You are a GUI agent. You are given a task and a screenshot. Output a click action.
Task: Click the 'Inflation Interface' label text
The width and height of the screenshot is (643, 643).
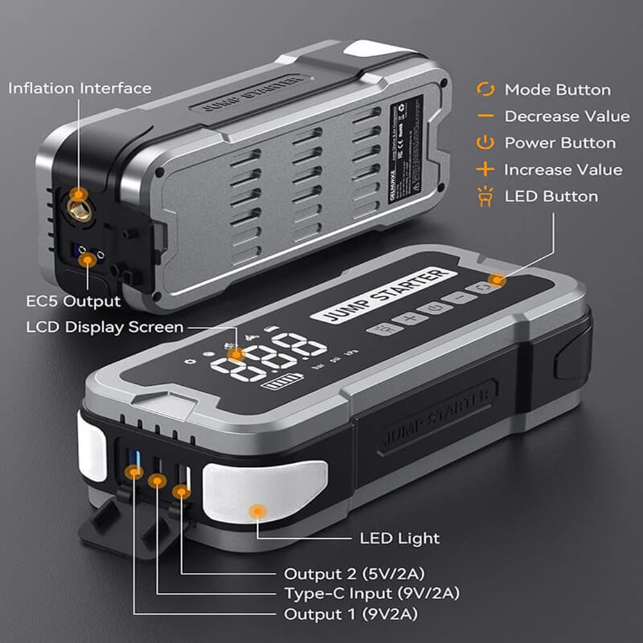click(x=80, y=89)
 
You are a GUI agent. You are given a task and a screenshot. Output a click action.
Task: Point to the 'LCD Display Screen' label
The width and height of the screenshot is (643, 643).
click(x=105, y=327)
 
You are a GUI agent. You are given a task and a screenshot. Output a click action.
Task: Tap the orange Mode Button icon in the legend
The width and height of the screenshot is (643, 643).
click(x=485, y=90)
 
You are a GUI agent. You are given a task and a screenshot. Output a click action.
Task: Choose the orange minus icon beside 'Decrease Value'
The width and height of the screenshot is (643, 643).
click(x=485, y=116)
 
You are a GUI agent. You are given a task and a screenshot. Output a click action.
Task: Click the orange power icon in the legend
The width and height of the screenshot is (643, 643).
click(x=485, y=143)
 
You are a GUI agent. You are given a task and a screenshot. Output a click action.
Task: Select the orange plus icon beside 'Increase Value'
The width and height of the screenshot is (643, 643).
click(x=485, y=170)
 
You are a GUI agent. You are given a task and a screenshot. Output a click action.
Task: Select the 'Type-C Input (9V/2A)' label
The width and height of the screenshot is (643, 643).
click(x=372, y=593)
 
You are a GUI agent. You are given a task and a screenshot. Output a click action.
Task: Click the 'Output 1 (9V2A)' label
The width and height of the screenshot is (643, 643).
click(x=351, y=614)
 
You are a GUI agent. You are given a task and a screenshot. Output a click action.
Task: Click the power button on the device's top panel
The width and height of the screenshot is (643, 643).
click(x=435, y=308)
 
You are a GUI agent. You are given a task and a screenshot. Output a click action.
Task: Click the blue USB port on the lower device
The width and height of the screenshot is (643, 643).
click(x=134, y=462)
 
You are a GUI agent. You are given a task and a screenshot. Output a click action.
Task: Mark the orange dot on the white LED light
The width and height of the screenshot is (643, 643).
click(x=258, y=511)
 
